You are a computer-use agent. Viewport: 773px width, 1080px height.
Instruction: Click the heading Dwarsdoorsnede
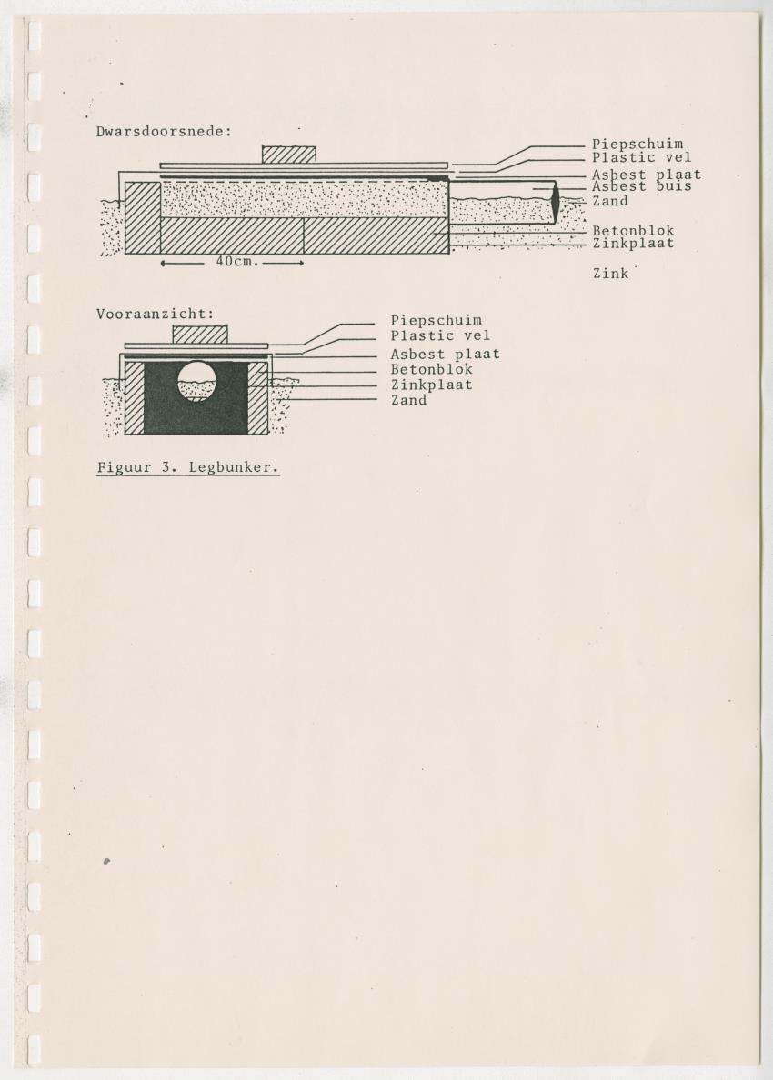click(x=164, y=131)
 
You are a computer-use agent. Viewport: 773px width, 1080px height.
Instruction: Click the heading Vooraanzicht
click(x=155, y=314)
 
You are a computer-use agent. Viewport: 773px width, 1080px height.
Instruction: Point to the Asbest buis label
click(x=641, y=186)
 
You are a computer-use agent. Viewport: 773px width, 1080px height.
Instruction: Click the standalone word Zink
click(x=611, y=274)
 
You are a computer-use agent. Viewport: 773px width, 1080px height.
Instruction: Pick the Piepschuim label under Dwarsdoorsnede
click(x=637, y=144)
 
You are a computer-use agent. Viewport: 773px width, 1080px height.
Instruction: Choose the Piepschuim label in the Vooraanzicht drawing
click(x=437, y=320)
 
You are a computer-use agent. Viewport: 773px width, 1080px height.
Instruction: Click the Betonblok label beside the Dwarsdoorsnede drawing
click(x=633, y=231)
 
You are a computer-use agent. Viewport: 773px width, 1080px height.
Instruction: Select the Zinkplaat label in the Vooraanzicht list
click(x=431, y=385)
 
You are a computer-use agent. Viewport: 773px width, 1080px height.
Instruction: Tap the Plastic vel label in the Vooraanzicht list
click(x=440, y=336)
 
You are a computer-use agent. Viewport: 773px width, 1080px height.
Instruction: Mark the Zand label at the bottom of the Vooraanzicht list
click(x=408, y=400)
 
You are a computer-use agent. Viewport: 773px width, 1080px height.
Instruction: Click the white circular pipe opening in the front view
click(x=196, y=381)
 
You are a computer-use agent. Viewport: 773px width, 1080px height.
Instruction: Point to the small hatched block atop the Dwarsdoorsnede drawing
click(x=289, y=155)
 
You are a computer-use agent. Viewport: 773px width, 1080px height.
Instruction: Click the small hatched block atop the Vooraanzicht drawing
click(x=200, y=334)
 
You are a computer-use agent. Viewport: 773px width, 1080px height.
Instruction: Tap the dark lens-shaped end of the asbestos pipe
click(x=556, y=201)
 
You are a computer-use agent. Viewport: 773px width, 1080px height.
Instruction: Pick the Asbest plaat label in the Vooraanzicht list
click(x=445, y=354)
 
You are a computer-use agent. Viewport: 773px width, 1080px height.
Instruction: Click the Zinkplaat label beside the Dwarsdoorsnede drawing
click(x=633, y=244)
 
